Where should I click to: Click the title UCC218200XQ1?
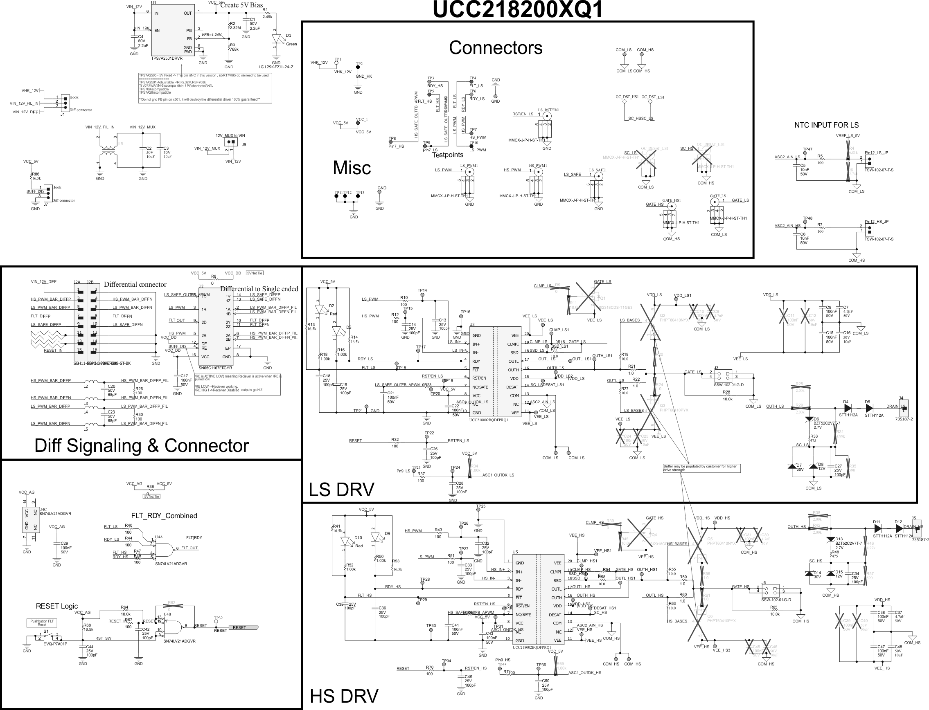click(x=518, y=10)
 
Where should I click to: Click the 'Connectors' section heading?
click(x=495, y=48)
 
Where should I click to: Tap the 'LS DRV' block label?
click(x=341, y=490)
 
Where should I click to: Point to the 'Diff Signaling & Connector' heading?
click(x=141, y=445)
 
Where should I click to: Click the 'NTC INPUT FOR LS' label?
click(x=826, y=125)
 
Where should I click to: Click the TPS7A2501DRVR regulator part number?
click(x=167, y=58)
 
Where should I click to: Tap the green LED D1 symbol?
click(x=277, y=38)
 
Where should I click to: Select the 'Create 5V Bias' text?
click(x=241, y=5)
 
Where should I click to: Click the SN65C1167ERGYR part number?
click(x=215, y=368)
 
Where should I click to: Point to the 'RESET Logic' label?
click(x=56, y=606)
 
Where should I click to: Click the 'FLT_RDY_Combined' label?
click(x=164, y=516)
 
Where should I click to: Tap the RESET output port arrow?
click(x=243, y=627)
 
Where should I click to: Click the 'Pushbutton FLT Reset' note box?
click(x=42, y=623)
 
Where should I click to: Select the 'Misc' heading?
click(x=352, y=168)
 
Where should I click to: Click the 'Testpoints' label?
click(x=447, y=155)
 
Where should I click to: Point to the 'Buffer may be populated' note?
click(x=701, y=468)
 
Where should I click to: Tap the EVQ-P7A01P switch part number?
click(x=55, y=644)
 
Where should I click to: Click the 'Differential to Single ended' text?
click(x=259, y=289)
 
